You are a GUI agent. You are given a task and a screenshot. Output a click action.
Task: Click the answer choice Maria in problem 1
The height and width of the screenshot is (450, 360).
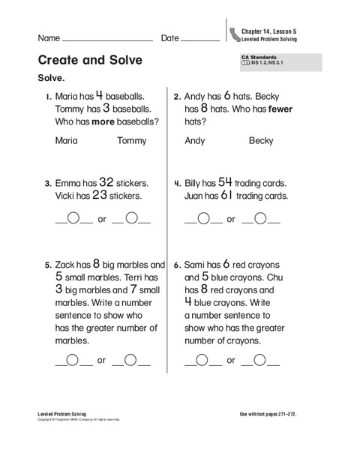[x=68, y=140]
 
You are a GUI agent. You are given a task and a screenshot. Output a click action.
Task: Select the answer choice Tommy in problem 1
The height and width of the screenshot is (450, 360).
[x=134, y=140]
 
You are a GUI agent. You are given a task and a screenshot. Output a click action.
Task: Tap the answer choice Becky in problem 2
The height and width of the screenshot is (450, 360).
[x=261, y=140]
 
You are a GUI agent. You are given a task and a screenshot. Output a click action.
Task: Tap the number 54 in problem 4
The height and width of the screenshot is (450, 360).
[x=226, y=182]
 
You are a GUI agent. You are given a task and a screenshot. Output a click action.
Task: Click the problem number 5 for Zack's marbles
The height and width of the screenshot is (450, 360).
[x=46, y=265]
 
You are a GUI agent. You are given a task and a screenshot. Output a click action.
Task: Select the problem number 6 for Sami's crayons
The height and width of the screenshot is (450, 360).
[x=176, y=265]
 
